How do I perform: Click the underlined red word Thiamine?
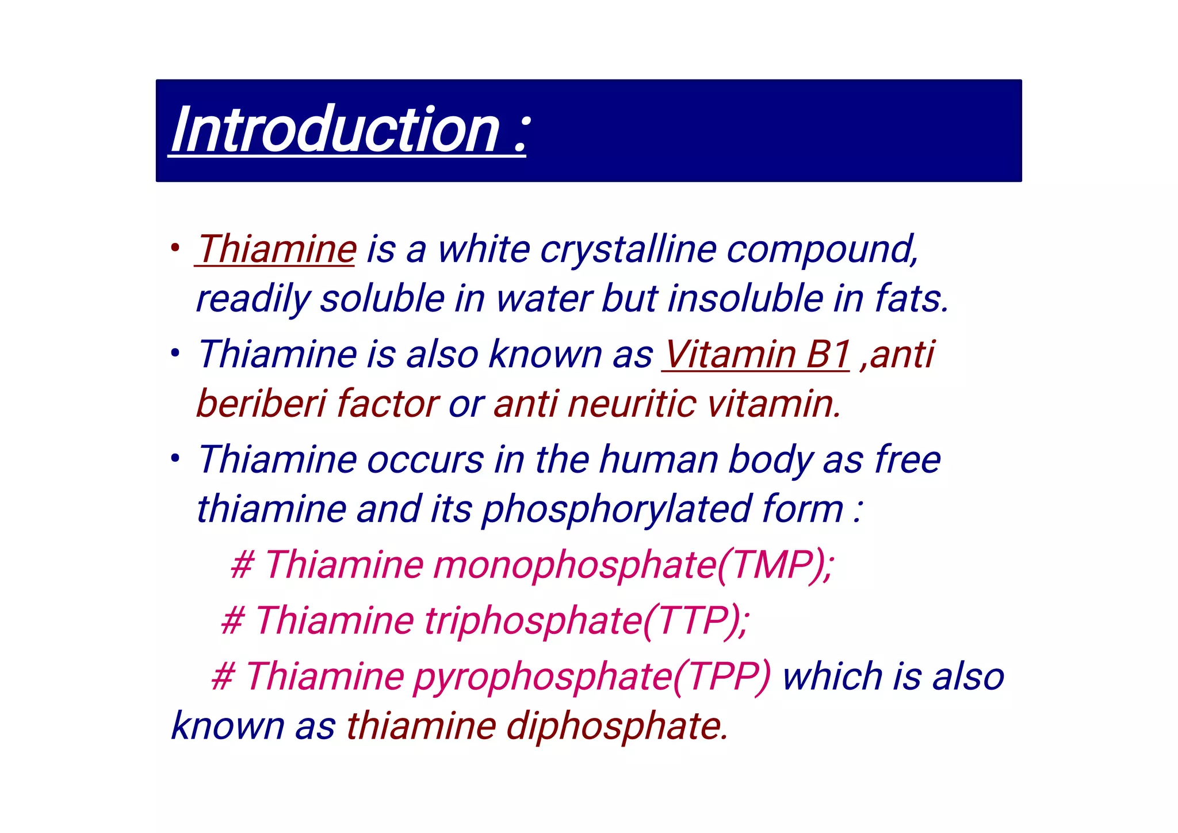click(x=276, y=250)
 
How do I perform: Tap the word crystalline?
click(x=628, y=250)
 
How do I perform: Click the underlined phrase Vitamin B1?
click(x=756, y=354)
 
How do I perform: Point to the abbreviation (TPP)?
click(x=721, y=676)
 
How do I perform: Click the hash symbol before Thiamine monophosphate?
click(x=242, y=565)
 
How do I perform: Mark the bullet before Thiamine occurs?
click(x=175, y=459)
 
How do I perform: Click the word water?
click(x=543, y=299)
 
